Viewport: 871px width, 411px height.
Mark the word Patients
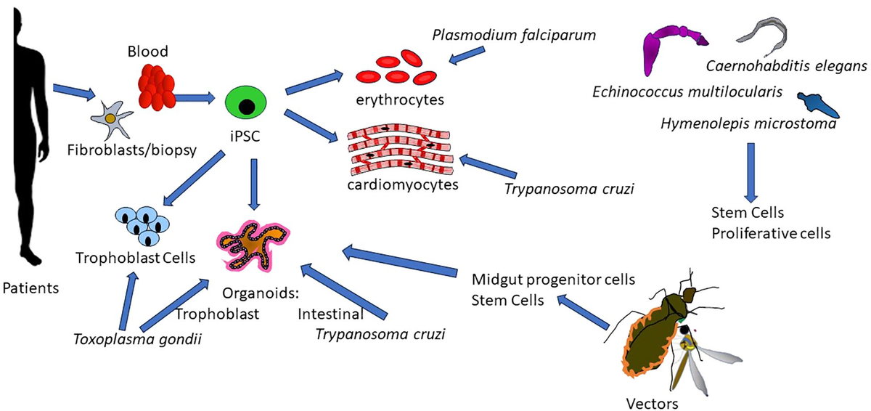pyautogui.click(x=30, y=289)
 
